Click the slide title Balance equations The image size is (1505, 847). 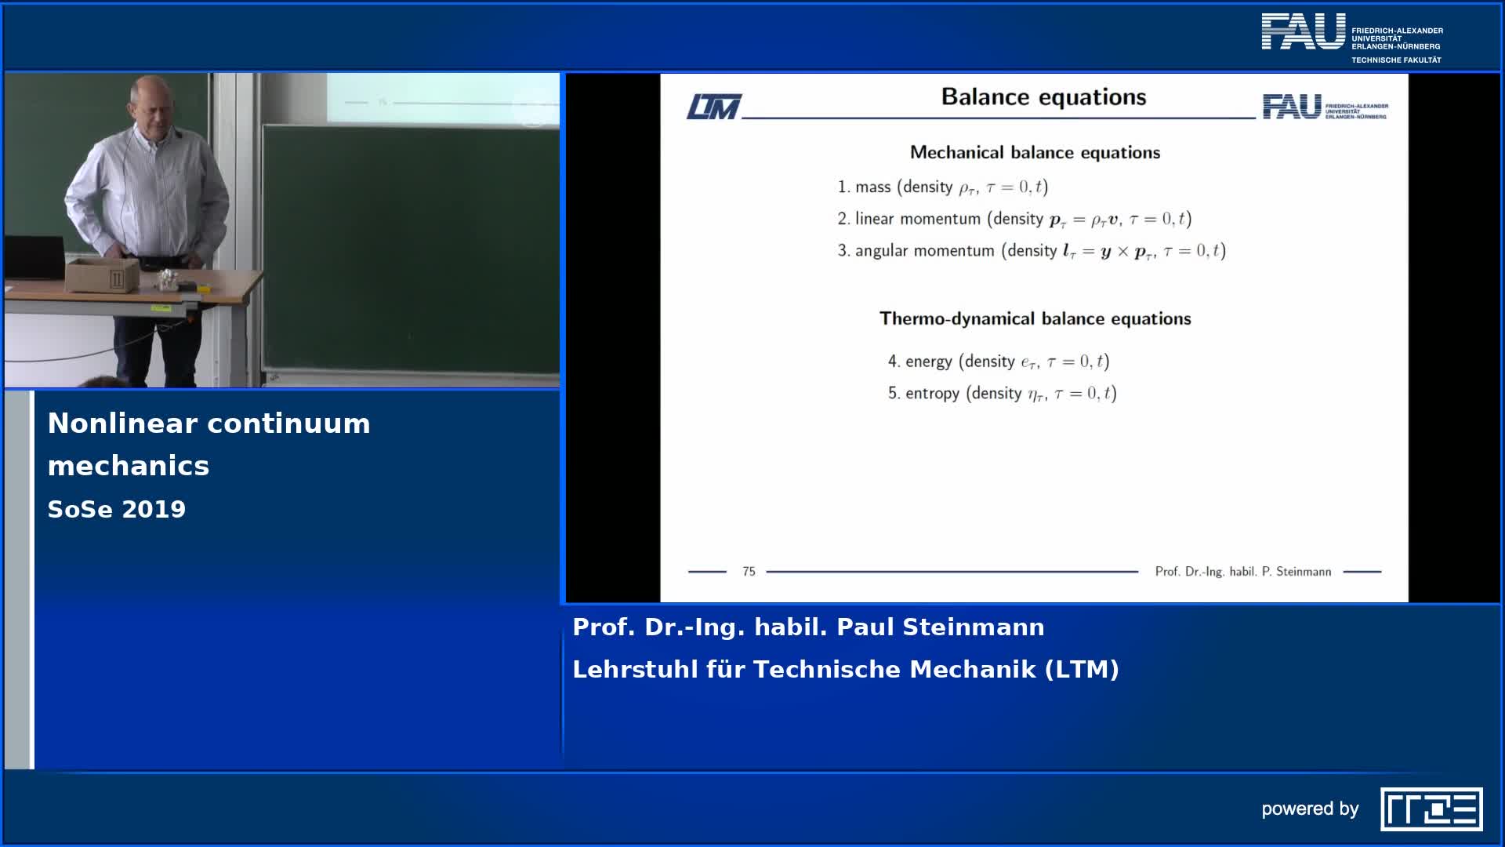(x=1043, y=97)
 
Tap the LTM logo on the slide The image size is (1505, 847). (x=714, y=107)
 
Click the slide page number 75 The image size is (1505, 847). (x=749, y=572)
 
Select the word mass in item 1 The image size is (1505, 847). (x=873, y=187)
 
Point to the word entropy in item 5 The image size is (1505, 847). (x=932, y=394)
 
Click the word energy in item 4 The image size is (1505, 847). (x=929, y=362)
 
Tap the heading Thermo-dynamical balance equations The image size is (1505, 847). (x=1035, y=318)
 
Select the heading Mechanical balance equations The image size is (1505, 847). (x=1035, y=152)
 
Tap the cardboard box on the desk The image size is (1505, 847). (x=103, y=275)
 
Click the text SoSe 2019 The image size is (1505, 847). (x=117, y=509)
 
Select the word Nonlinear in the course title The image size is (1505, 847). (x=120, y=423)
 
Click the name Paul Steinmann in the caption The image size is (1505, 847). (x=941, y=627)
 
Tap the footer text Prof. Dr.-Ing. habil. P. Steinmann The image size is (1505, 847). (x=1243, y=572)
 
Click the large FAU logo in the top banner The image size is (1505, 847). (x=1304, y=31)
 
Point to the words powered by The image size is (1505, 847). (x=1310, y=809)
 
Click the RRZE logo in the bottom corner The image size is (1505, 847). (x=1431, y=809)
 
